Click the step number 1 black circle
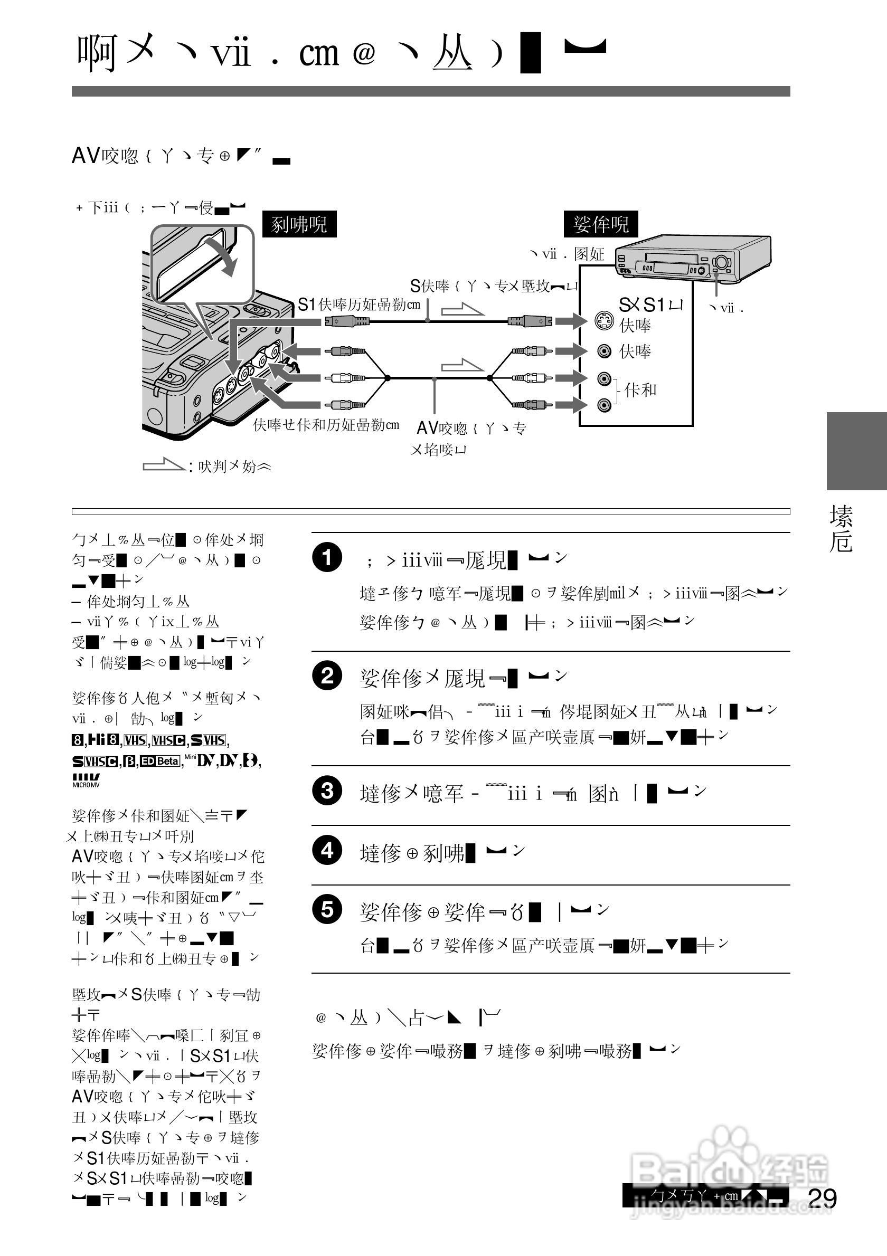[327, 557]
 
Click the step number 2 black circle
[327, 676]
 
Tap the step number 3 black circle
[327, 791]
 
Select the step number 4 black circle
[327, 850]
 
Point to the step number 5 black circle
[327, 910]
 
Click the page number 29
[822, 1198]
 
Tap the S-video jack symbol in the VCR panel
[604, 320]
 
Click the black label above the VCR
[601, 224]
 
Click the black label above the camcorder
[299, 224]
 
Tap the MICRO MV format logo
[86, 780]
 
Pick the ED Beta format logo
[159, 761]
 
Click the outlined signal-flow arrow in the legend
[163, 465]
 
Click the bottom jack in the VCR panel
[604, 405]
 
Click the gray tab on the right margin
[856, 451]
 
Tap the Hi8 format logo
[104, 740]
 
